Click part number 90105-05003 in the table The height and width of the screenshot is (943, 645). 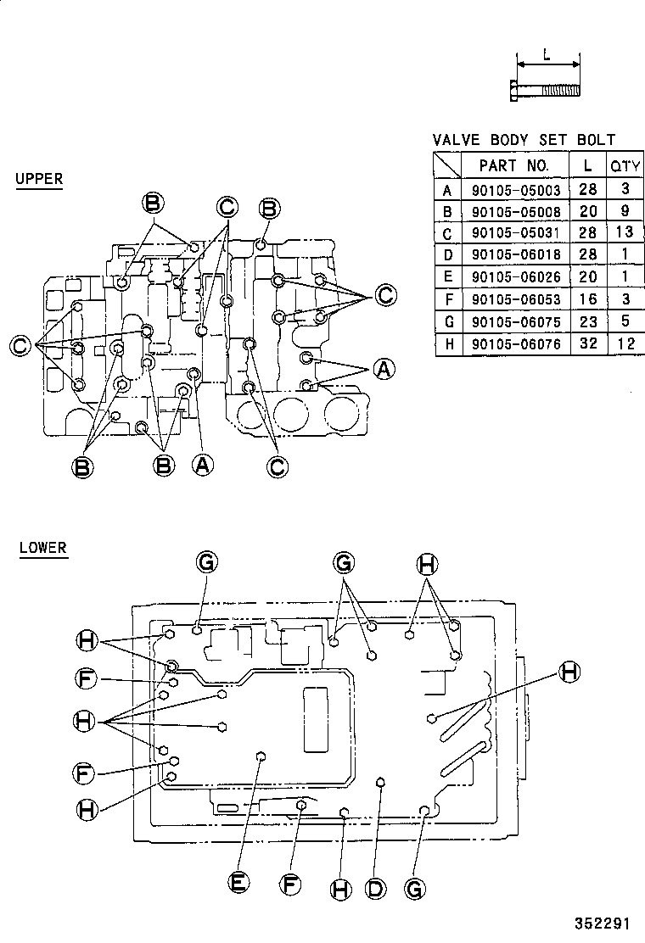[x=516, y=190]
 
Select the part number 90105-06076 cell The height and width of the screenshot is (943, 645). [x=516, y=344]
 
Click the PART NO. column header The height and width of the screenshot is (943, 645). [x=514, y=165]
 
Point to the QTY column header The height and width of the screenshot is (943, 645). [x=625, y=165]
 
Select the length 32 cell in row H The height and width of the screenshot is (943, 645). [x=587, y=344]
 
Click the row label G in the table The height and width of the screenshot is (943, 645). [x=447, y=322]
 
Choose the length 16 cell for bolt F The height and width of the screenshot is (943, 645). [x=587, y=300]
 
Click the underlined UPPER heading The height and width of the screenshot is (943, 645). [x=39, y=179]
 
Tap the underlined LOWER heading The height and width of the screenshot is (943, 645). [x=42, y=548]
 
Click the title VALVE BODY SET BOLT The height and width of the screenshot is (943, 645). [x=524, y=140]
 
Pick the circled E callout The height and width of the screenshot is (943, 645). [x=239, y=883]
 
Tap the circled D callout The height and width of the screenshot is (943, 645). [x=375, y=888]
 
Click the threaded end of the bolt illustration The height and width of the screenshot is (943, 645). [x=563, y=89]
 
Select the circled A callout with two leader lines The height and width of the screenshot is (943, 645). [x=384, y=369]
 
